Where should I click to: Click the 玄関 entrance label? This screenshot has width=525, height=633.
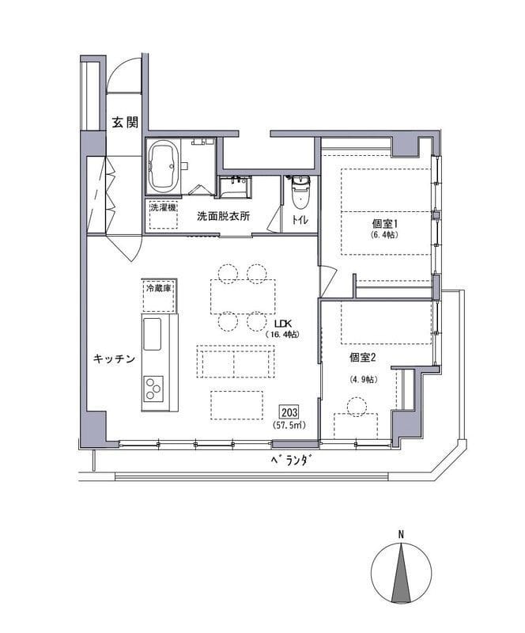click(125, 123)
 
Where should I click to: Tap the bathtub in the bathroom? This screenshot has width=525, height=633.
click(164, 166)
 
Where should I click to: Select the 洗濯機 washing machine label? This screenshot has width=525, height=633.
click(163, 208)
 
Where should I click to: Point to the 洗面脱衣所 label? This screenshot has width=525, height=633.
click(223, 216)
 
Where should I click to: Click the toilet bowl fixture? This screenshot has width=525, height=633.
click(300, 193)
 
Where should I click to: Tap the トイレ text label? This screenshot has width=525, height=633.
click(300, 220)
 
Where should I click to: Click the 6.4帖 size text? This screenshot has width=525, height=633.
click(383, 234)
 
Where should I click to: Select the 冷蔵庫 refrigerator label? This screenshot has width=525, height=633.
click(159, 289)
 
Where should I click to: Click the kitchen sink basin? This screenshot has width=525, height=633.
click(152, 334)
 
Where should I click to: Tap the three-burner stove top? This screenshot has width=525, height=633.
click(153, 388)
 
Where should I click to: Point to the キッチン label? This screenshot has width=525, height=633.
click(114, 358)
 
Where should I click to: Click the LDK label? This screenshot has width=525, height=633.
click(283, 324)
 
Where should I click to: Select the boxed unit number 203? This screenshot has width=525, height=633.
click(289, 412)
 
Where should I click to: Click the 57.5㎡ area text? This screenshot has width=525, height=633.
click(289, 425)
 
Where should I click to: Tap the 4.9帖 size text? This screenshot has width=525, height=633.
click(363, 380)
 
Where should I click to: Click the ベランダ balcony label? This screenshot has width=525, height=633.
click(293, 461)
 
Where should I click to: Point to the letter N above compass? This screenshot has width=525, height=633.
click(401, 536)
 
